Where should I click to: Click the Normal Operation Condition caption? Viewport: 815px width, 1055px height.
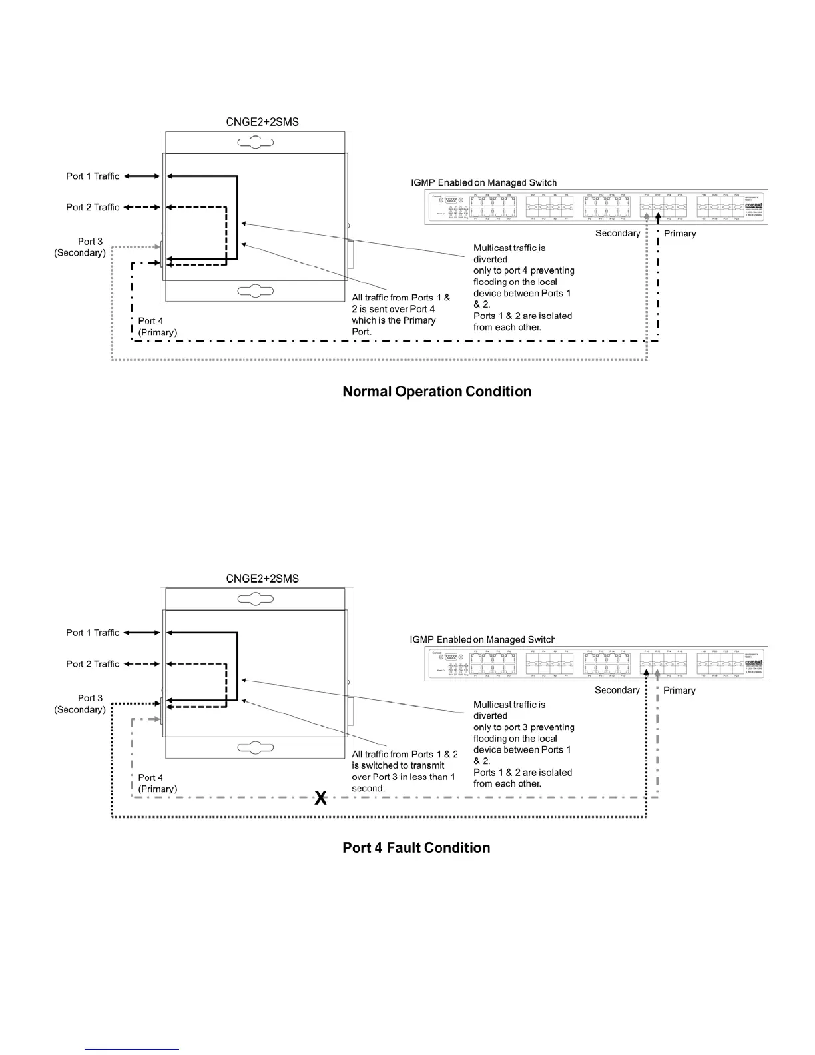click(437, 392)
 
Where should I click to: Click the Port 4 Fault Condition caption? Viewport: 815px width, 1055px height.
click(416, 848)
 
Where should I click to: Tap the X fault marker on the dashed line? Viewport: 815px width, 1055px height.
click(320, 798)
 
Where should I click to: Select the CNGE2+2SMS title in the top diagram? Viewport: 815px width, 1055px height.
click(262, 122)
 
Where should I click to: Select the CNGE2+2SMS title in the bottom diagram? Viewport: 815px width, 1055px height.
click(262, 579)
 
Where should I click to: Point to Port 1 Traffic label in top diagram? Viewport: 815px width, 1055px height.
click(93, 176)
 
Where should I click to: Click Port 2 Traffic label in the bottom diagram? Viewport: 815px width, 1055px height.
click(93, 664)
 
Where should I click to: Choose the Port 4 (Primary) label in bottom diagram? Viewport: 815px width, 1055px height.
click(158, 783)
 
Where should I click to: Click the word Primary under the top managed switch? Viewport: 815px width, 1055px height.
click(680, 234)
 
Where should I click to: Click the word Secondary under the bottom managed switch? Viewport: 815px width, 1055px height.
click(617, 691)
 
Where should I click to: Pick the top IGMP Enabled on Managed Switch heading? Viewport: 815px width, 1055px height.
click(483, 183)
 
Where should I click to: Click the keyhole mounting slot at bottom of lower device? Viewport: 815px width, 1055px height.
click(256, 748)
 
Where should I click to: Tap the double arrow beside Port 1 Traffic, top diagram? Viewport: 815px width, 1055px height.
click(142, 176)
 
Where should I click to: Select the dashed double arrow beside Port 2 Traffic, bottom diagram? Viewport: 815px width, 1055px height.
click(142, 664)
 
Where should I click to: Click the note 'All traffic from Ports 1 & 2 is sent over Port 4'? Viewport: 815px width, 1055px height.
click(401, 314)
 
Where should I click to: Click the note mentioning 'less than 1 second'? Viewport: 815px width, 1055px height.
click(404, 771)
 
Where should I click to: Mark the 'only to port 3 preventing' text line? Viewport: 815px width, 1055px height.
click(523, 727)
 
